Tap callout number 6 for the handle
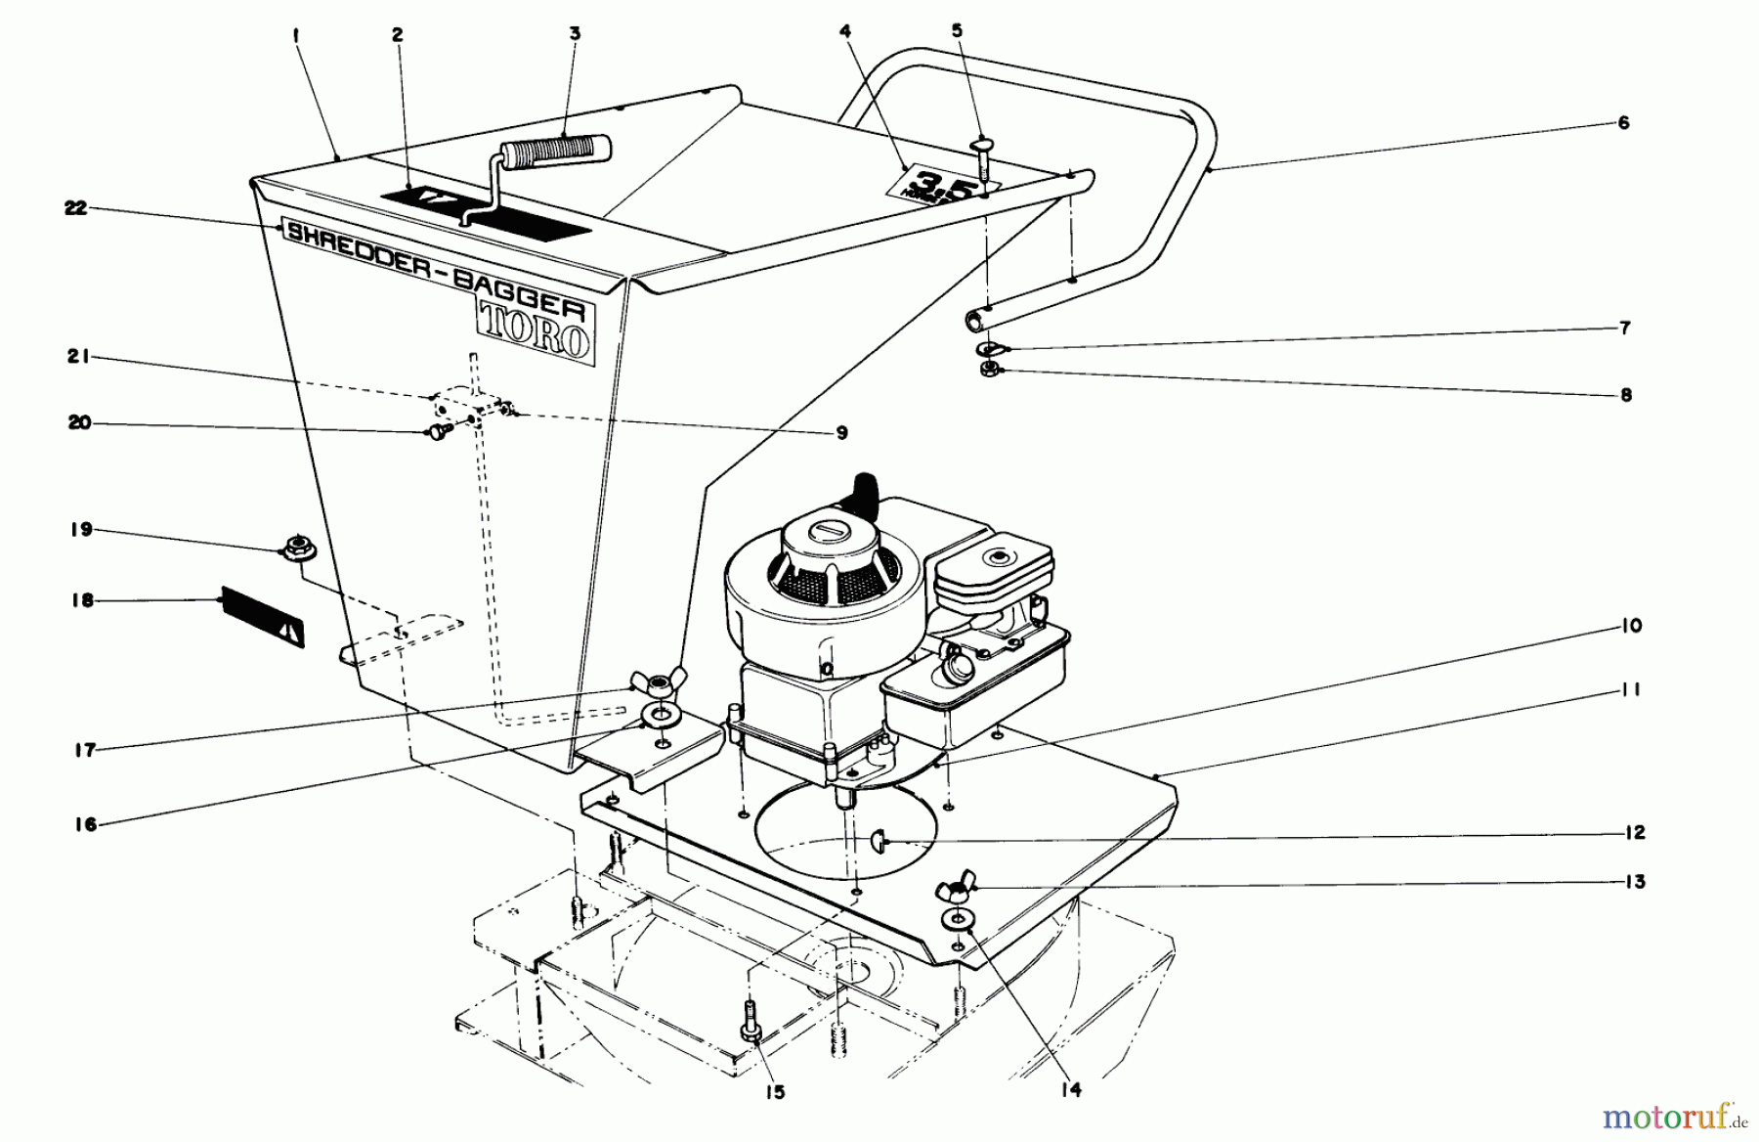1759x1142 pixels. (1623, 123)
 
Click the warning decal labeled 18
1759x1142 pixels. (263, 617)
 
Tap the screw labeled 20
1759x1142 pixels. (436, 432)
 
